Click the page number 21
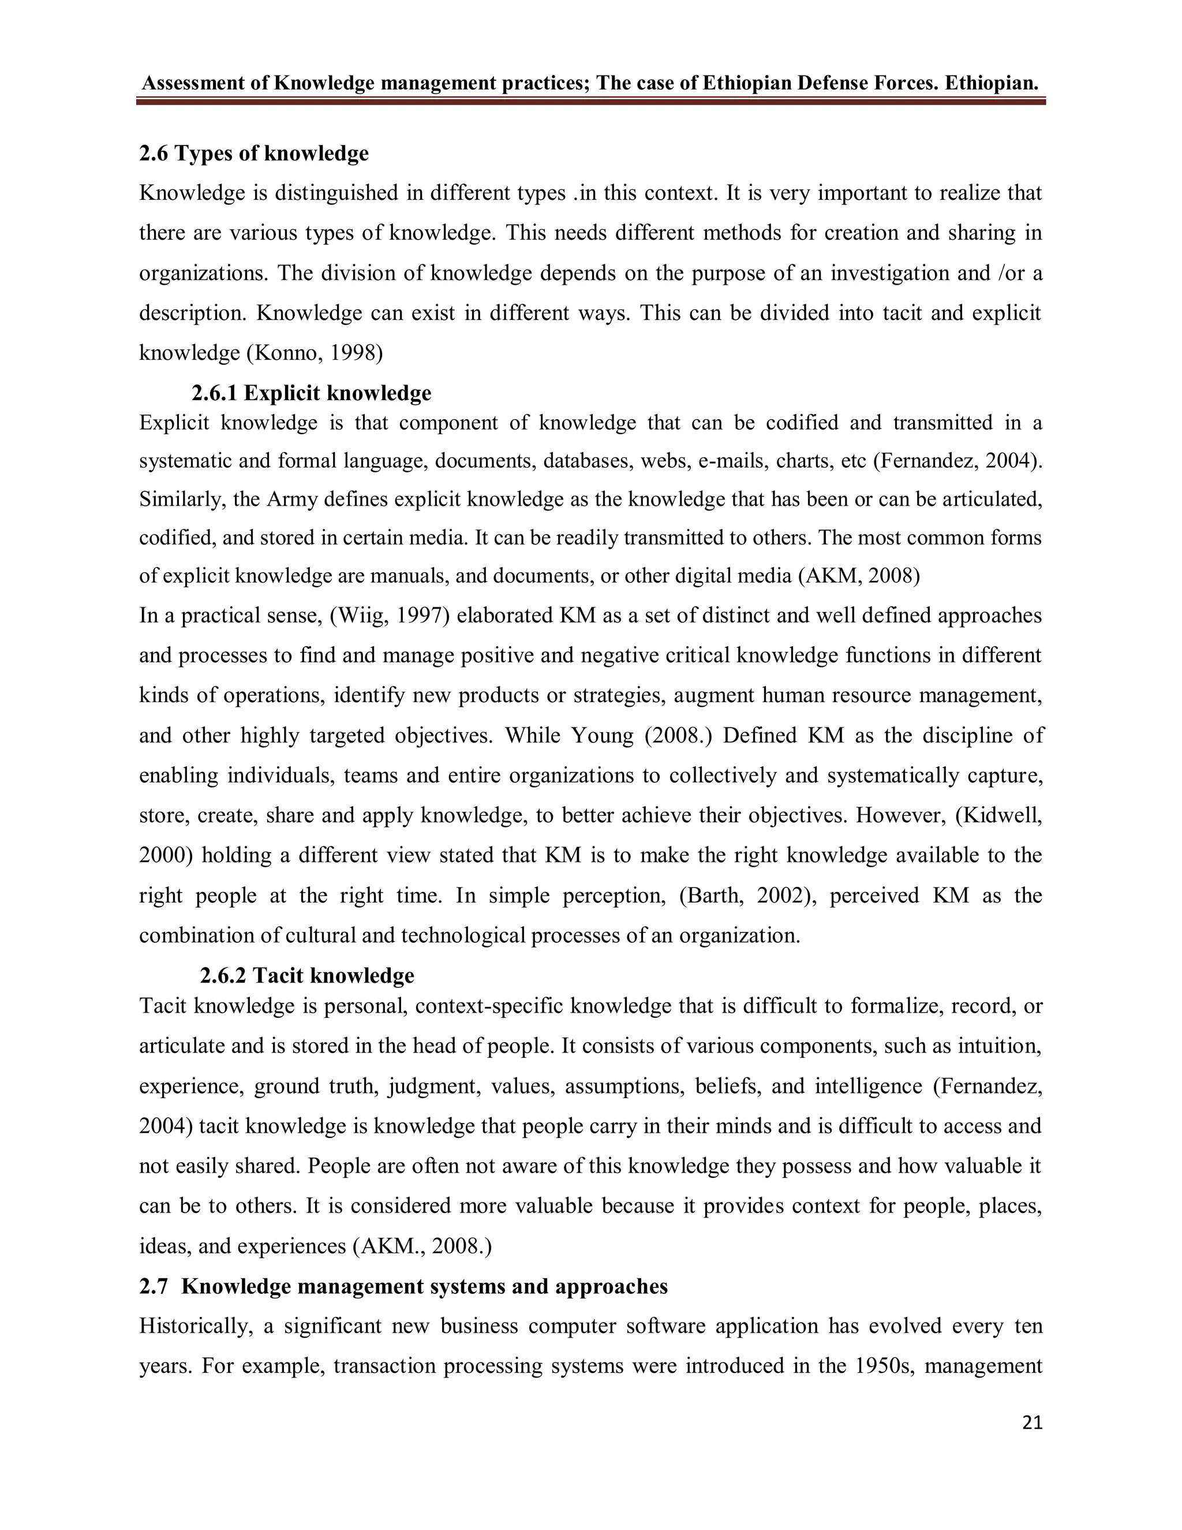tap(1032, 1423)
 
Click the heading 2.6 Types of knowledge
tap(253, 154)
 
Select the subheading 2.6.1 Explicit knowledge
tap(312, 393)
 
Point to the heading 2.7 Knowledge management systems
tap(403, 1287)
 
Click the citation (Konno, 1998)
tap(315, 352)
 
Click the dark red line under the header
tap(590, 102)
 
